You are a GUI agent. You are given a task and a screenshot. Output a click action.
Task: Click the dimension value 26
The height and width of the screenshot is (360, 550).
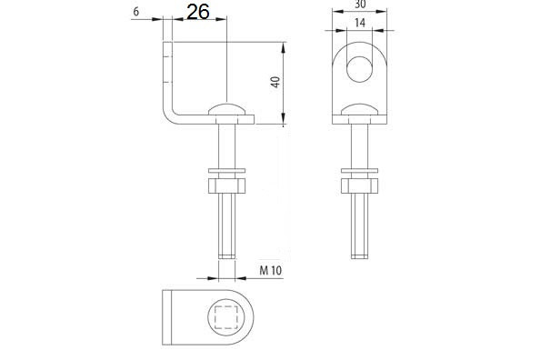[x=198, y=12]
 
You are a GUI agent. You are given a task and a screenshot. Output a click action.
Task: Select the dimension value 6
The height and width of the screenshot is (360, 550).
[x=136, y=12]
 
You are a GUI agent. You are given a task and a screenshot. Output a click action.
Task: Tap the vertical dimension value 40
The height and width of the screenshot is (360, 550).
[x=275, y=82]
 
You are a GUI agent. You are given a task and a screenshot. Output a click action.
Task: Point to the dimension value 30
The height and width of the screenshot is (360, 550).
[x=360, y=4]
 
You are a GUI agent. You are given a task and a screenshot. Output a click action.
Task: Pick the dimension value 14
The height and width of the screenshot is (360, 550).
[x=360, y=23]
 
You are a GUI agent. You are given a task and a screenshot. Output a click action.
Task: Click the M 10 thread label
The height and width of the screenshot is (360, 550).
[x=270, y=271]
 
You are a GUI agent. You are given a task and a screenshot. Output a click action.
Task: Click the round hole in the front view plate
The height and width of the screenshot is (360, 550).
[x=359, y=69]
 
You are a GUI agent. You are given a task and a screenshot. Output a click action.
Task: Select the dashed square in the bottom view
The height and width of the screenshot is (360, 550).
[x=226, y=317]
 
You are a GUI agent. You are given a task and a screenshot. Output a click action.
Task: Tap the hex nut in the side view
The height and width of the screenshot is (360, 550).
[x=226, y=186]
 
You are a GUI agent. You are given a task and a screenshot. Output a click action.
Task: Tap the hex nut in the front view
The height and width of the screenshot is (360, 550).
[x=359, y=186]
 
